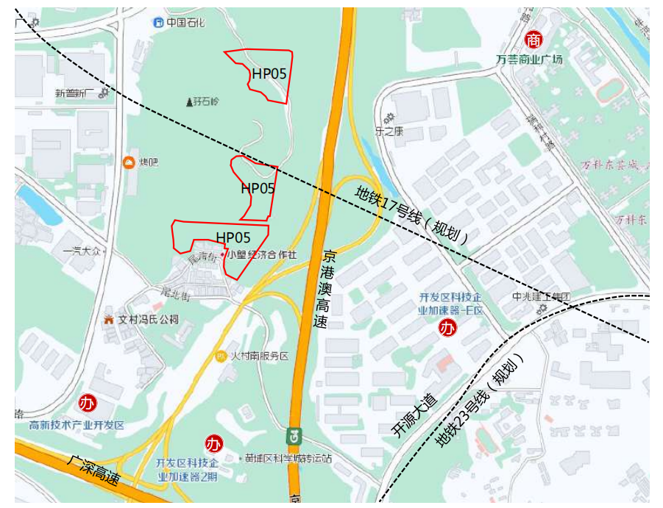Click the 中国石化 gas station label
click(182, 23)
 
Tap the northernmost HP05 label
click(269, 74)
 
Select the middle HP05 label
click(258, 188)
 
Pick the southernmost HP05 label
click(233, 237)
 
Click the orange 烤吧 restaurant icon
click(130, 162)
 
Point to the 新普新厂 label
click(76, 93)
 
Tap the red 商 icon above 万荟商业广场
click(533, 40)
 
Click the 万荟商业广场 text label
click(529, 59)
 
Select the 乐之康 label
click(390, 132)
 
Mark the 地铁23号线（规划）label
click(478, 401)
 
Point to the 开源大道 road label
click(415, 417)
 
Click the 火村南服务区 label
click(259, 356)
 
